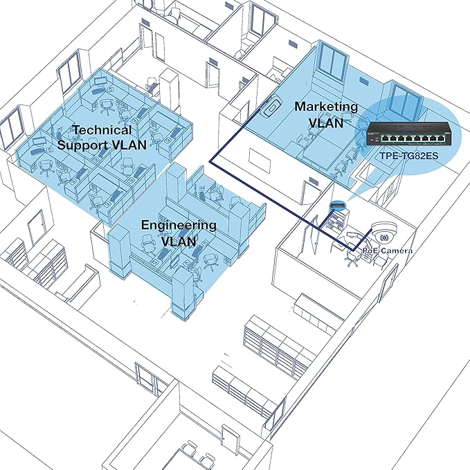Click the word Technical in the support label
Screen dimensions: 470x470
point(102,130)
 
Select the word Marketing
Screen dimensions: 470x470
point(326,107)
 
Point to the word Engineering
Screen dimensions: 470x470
point(179,226)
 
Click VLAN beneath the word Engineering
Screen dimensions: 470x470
point(179,242)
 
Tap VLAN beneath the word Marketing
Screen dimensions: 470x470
point(326,123)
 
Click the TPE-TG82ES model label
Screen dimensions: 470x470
point(409,156)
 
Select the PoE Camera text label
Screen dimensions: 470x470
point(387,251)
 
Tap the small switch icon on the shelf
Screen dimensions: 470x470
point(338,206)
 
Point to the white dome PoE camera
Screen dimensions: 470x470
point(384,233)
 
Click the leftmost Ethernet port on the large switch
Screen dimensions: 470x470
point(385,138)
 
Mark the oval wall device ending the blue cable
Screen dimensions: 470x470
point(270,106)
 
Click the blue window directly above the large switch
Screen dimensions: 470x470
point(406,102)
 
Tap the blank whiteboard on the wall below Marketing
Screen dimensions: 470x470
point(260,161)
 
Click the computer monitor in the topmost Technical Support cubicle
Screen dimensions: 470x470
point(100,81)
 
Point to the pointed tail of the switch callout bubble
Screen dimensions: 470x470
point(347,201)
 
